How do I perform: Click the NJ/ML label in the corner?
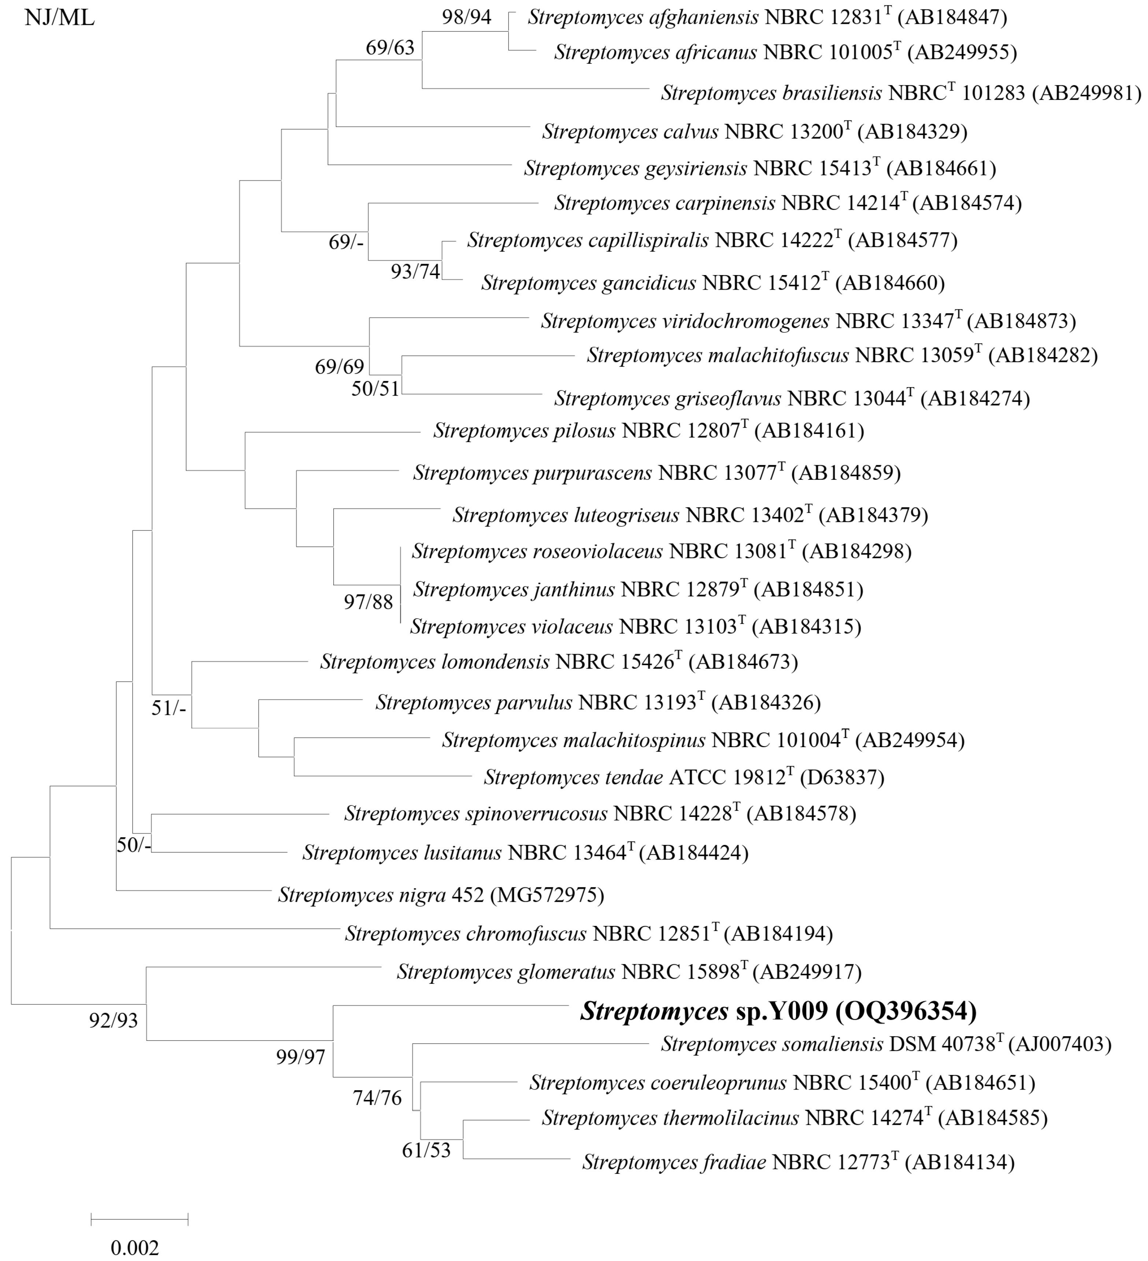click(x=59, y=18)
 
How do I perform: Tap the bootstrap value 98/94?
click(x=466, y=17)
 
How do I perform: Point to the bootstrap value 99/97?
click(x=301, y=1057)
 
